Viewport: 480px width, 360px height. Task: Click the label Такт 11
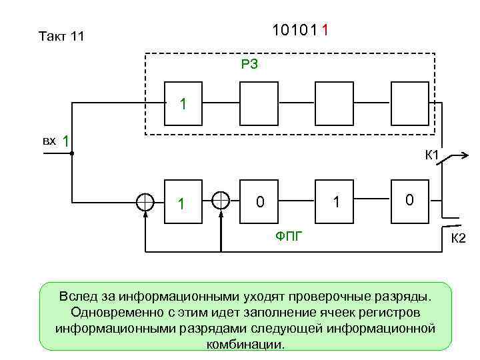click(61, 37)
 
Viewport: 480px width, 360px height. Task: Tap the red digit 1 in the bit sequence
click(324, 31)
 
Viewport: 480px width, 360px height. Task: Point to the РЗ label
click(249, 64)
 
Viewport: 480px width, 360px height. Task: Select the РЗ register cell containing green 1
click(184, 103)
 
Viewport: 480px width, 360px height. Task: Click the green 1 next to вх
click(66, 141)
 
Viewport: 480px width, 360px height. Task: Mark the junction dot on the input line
click(71, 154)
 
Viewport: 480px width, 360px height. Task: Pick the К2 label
click(459, 239)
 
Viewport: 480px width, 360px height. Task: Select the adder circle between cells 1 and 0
click(221, 200)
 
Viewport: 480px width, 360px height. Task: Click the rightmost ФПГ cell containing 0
click(410, 199)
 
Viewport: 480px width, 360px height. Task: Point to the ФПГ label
click(289, 235)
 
